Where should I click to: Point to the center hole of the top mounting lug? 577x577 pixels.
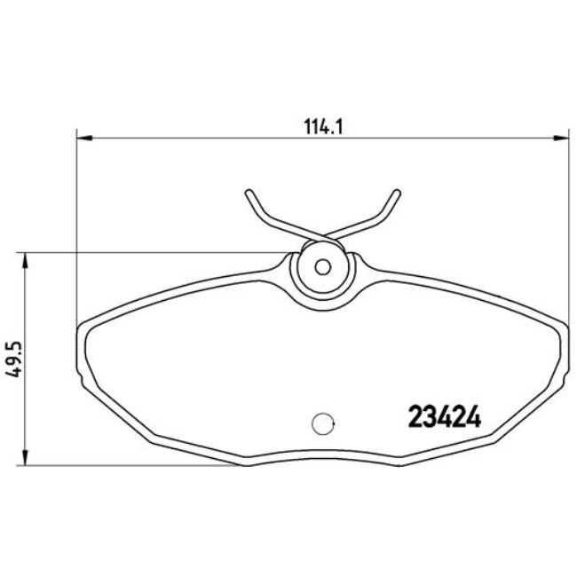click(323, 265)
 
